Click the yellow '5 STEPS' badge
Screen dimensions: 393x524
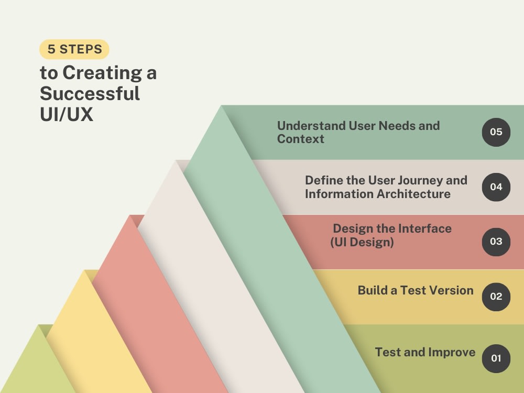click(x=74, y=50)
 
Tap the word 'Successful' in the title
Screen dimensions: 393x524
click(x=90, y=93)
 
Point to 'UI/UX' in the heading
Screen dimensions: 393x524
click(x=67, y=114)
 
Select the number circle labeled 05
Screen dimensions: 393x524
click(x=496, y=132)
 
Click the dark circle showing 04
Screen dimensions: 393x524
click(x=496, y=187)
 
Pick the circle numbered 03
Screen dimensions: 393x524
click(x=496, y=242)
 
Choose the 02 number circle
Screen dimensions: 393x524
click(x=496, y=297)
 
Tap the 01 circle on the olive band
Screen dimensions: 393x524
click(x=496, y=358)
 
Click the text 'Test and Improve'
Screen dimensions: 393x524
click(x=425, y=352)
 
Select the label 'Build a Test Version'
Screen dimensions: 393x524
click(x=416, y=290)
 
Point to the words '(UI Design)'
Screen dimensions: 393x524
click(x=362, y=242)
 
